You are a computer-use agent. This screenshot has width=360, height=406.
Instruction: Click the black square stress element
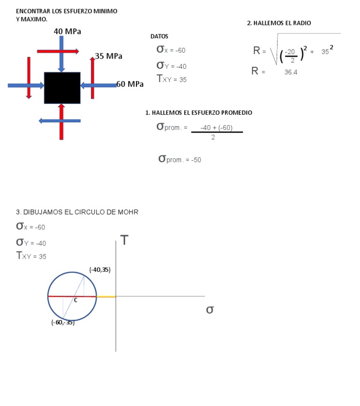(x=62, y=88)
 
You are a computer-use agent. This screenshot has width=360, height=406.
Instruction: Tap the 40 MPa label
(x=67, y=31)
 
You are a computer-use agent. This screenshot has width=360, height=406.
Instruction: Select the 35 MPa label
(x=108, y=56)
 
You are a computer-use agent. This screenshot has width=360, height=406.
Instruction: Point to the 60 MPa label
(x=130, y=84)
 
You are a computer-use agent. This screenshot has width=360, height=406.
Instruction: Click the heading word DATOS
(x=159, y=37)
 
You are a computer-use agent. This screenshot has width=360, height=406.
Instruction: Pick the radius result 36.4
(x=291, y=72)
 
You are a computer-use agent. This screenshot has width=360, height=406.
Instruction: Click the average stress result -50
(x=196, y=160)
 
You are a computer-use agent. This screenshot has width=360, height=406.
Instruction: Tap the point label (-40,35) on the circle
(x=100, y=270)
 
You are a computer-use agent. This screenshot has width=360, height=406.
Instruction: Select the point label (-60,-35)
(x=63, y=323)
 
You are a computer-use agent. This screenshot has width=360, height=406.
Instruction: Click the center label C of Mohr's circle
(x=75, y=301)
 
